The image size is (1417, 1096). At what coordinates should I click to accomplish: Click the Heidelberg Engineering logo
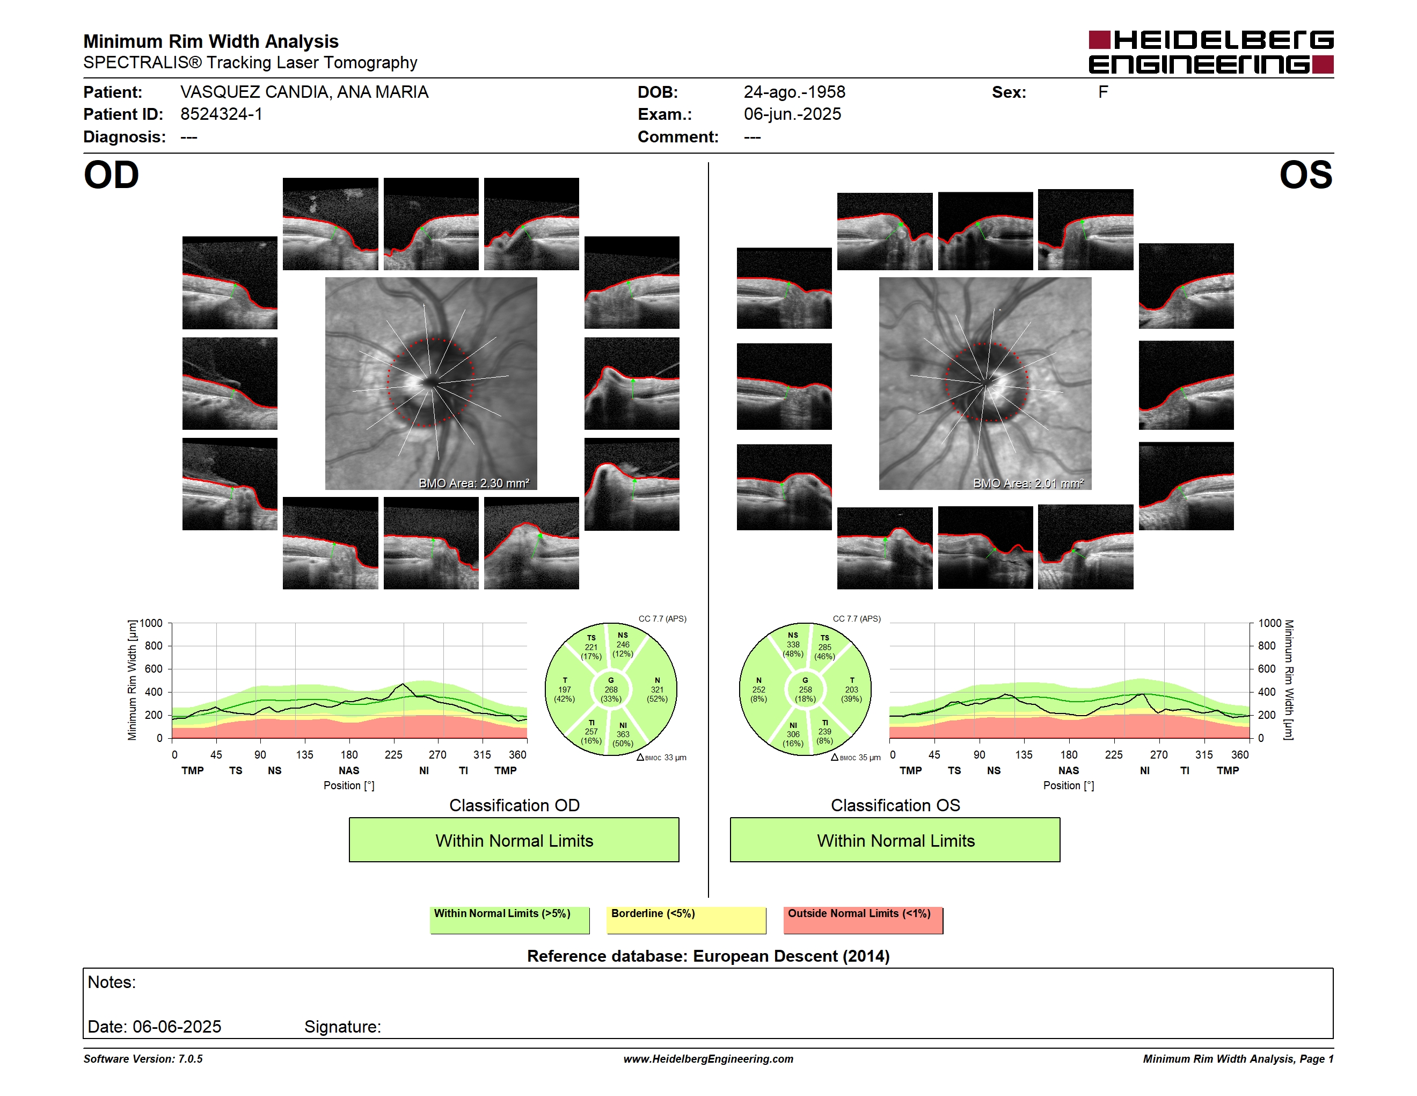(x=1211, y=52)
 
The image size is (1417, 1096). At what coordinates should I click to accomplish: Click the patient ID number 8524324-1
(x=221, y=114)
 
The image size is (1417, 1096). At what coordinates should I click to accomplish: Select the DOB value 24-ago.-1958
(x=794, y=92)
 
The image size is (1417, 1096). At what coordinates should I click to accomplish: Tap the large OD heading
(x=112, y=175)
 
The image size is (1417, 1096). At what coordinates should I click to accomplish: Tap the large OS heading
(x=1305, y=175)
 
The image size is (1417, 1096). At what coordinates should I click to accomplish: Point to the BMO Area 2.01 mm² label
(x=1028, y=483)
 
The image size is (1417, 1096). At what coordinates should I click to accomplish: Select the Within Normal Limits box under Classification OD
(x=514, y=840)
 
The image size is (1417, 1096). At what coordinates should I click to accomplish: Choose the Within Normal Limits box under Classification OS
(x=895, y=840)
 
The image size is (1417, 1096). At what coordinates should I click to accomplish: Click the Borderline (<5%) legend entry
(x=686, y=919)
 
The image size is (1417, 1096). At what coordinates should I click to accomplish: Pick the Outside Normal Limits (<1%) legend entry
(x=864, y=919)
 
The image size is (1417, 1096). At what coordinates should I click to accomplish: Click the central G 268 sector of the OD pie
(x=610, y=689)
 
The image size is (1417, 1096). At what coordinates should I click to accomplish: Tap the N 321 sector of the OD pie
(x=656, y=689)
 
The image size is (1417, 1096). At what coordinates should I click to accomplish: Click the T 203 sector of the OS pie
(x=851, y=689)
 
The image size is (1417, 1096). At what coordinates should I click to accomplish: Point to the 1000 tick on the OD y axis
(x=150, y=623)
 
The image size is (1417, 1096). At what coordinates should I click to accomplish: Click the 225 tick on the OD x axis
(x=393, y=754)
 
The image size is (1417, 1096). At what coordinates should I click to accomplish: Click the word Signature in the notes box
(x=342, y=1027)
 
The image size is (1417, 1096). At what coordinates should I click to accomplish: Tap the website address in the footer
(x=708, y=1059)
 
